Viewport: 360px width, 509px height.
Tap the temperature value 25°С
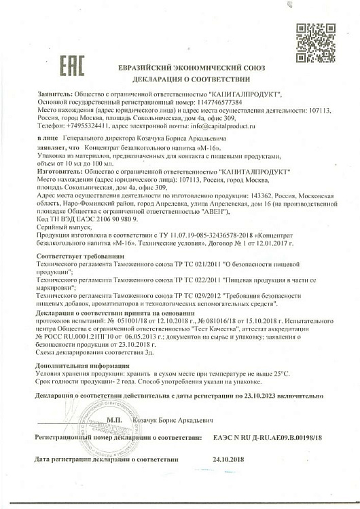pyautogui.click(x=279, y=373)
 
